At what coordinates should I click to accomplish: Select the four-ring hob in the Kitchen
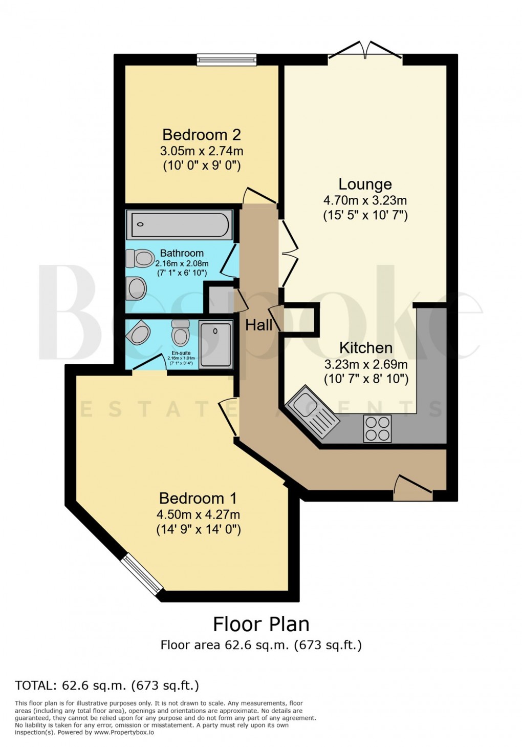coord(377,428)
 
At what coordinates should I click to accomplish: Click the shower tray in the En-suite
coord(215,344)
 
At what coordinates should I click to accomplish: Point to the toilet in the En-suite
coord(180,334)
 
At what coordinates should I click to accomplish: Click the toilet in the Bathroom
coord(140,258)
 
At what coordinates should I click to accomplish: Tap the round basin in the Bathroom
coord(137,288)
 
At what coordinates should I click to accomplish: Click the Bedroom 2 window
coord(227,60)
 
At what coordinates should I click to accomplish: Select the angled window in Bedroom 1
coord(142,575)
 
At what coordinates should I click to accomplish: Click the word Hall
coord(258,325)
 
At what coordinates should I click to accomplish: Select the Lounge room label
coord(365,184)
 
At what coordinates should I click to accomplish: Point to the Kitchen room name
coord(366,348)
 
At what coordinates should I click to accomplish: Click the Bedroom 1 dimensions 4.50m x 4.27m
coord(199,514)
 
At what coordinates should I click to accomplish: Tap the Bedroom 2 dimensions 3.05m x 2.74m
coord(201,151)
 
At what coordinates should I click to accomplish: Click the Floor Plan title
coord(261,624)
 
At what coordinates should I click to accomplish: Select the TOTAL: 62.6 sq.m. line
coord(107,685)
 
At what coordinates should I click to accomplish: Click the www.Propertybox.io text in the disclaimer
coord(124,732)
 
